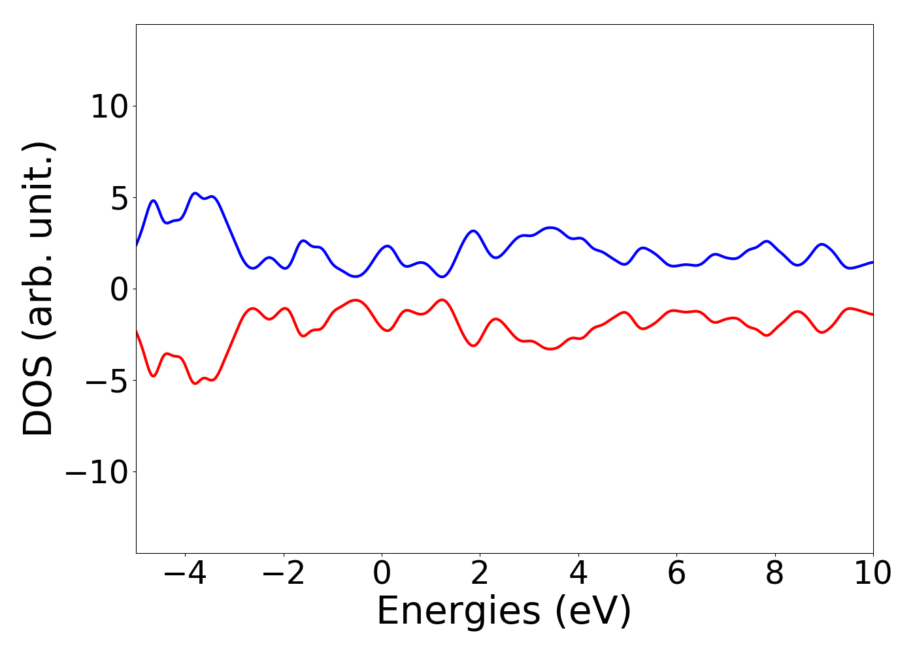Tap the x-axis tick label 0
click(382, 573)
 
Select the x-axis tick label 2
click(480, 573)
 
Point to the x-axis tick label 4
click(578, 573)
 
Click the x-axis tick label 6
click(676, 573)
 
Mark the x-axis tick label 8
click(774, 573)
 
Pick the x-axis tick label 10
click(873, 573)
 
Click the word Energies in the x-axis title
click(458, 613)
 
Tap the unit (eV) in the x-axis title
click(593, 613)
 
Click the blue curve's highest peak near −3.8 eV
click(195, 193)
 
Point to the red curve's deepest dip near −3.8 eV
click(195, 383)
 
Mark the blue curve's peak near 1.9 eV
click(474, 231)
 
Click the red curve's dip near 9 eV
click(822, 332)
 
